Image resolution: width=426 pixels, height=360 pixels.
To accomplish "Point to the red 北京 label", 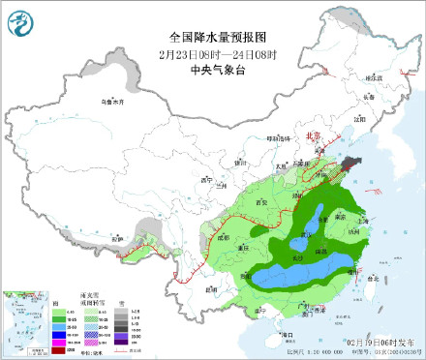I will click(312, 137).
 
